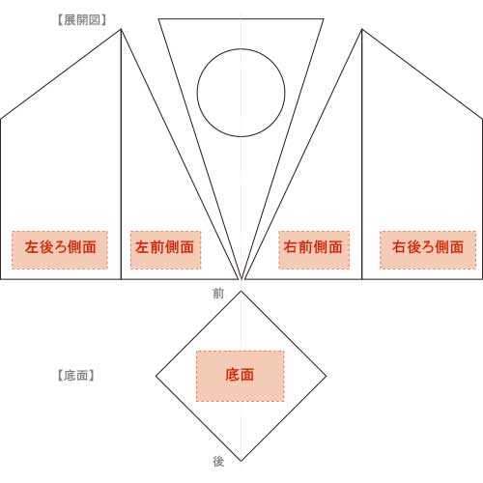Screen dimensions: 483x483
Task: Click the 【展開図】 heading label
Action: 82,20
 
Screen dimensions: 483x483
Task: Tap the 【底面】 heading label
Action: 75,376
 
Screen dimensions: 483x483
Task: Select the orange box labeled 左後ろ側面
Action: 60,250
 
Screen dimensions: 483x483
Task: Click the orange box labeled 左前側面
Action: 165,250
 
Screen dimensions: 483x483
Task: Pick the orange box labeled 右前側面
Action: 314,250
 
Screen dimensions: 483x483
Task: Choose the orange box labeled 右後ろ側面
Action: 428,250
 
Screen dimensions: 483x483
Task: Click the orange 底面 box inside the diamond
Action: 241,376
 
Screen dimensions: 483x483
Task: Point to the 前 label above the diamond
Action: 218,294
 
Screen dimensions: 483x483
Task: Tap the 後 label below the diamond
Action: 218,462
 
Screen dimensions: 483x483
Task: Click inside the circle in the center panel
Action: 241,93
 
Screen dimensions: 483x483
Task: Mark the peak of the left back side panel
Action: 121,29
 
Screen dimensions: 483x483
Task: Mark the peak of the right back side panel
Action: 362,29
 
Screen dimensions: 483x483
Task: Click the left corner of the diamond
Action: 156,376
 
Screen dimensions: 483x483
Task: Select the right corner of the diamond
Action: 327,376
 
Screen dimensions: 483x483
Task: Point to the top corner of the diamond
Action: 241,291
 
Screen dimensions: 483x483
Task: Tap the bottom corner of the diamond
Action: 241,461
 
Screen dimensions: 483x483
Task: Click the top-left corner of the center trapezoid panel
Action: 158,19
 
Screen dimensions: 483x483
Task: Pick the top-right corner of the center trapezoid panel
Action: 324,19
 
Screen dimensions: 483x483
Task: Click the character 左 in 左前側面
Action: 142,247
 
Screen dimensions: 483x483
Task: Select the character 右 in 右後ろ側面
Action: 399,247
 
